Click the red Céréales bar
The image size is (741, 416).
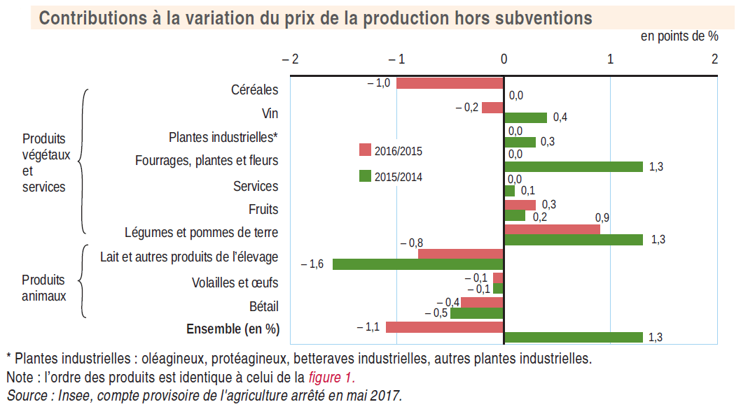[x=450, y=83]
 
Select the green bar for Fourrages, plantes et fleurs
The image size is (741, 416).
[x=574, y=166]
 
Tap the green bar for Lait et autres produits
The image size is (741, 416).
[x=418, y=264]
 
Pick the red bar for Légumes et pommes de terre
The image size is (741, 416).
[x=552, y=229]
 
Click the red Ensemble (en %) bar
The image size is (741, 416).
[x=445, y=327]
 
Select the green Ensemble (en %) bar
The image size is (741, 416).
[x=574, y=338]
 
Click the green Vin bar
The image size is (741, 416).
[x=525, y=117]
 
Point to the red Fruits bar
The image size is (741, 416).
[x=520, y=205]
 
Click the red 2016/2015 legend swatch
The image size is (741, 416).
[x=365, y=150]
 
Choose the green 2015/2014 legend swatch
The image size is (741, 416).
[x=365, y=176]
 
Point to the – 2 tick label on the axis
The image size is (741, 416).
[x=290, y=59]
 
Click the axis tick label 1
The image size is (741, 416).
[x=610, y=59]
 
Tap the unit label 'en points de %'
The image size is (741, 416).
[x=679, y=36]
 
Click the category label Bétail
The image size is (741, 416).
[x=263, y=306]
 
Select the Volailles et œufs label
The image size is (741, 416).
[x=235, y=282]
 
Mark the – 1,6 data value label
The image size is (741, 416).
[x=312, y=264]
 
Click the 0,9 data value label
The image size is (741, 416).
[x=602, y=217]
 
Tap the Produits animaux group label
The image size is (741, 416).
[x=43, y=288]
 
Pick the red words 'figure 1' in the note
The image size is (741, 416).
[x=331, y=378]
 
